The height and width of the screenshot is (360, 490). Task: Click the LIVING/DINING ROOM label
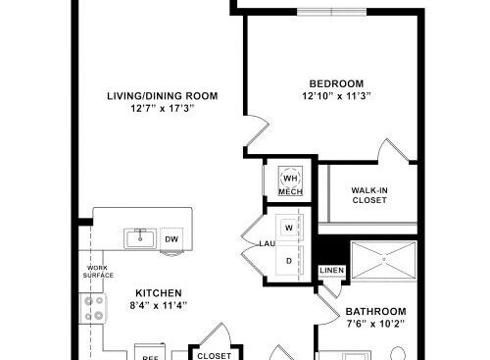click(x=162, y=95)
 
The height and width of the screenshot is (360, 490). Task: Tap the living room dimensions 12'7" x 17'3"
click(x=162, y=108)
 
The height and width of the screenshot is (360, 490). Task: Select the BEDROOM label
click(x=336, y=82)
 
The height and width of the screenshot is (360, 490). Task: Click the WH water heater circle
click(x=290, y=178)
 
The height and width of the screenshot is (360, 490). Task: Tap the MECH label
click(x=290, y=192)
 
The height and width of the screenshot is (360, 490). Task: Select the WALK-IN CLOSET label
click(x=369, y=194)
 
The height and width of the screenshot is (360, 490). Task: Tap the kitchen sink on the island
click(x=140, y=237)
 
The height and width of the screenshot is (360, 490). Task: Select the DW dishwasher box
click(x=171, y=238)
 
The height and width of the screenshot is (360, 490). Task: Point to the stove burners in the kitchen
click(x=95, y=309)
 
